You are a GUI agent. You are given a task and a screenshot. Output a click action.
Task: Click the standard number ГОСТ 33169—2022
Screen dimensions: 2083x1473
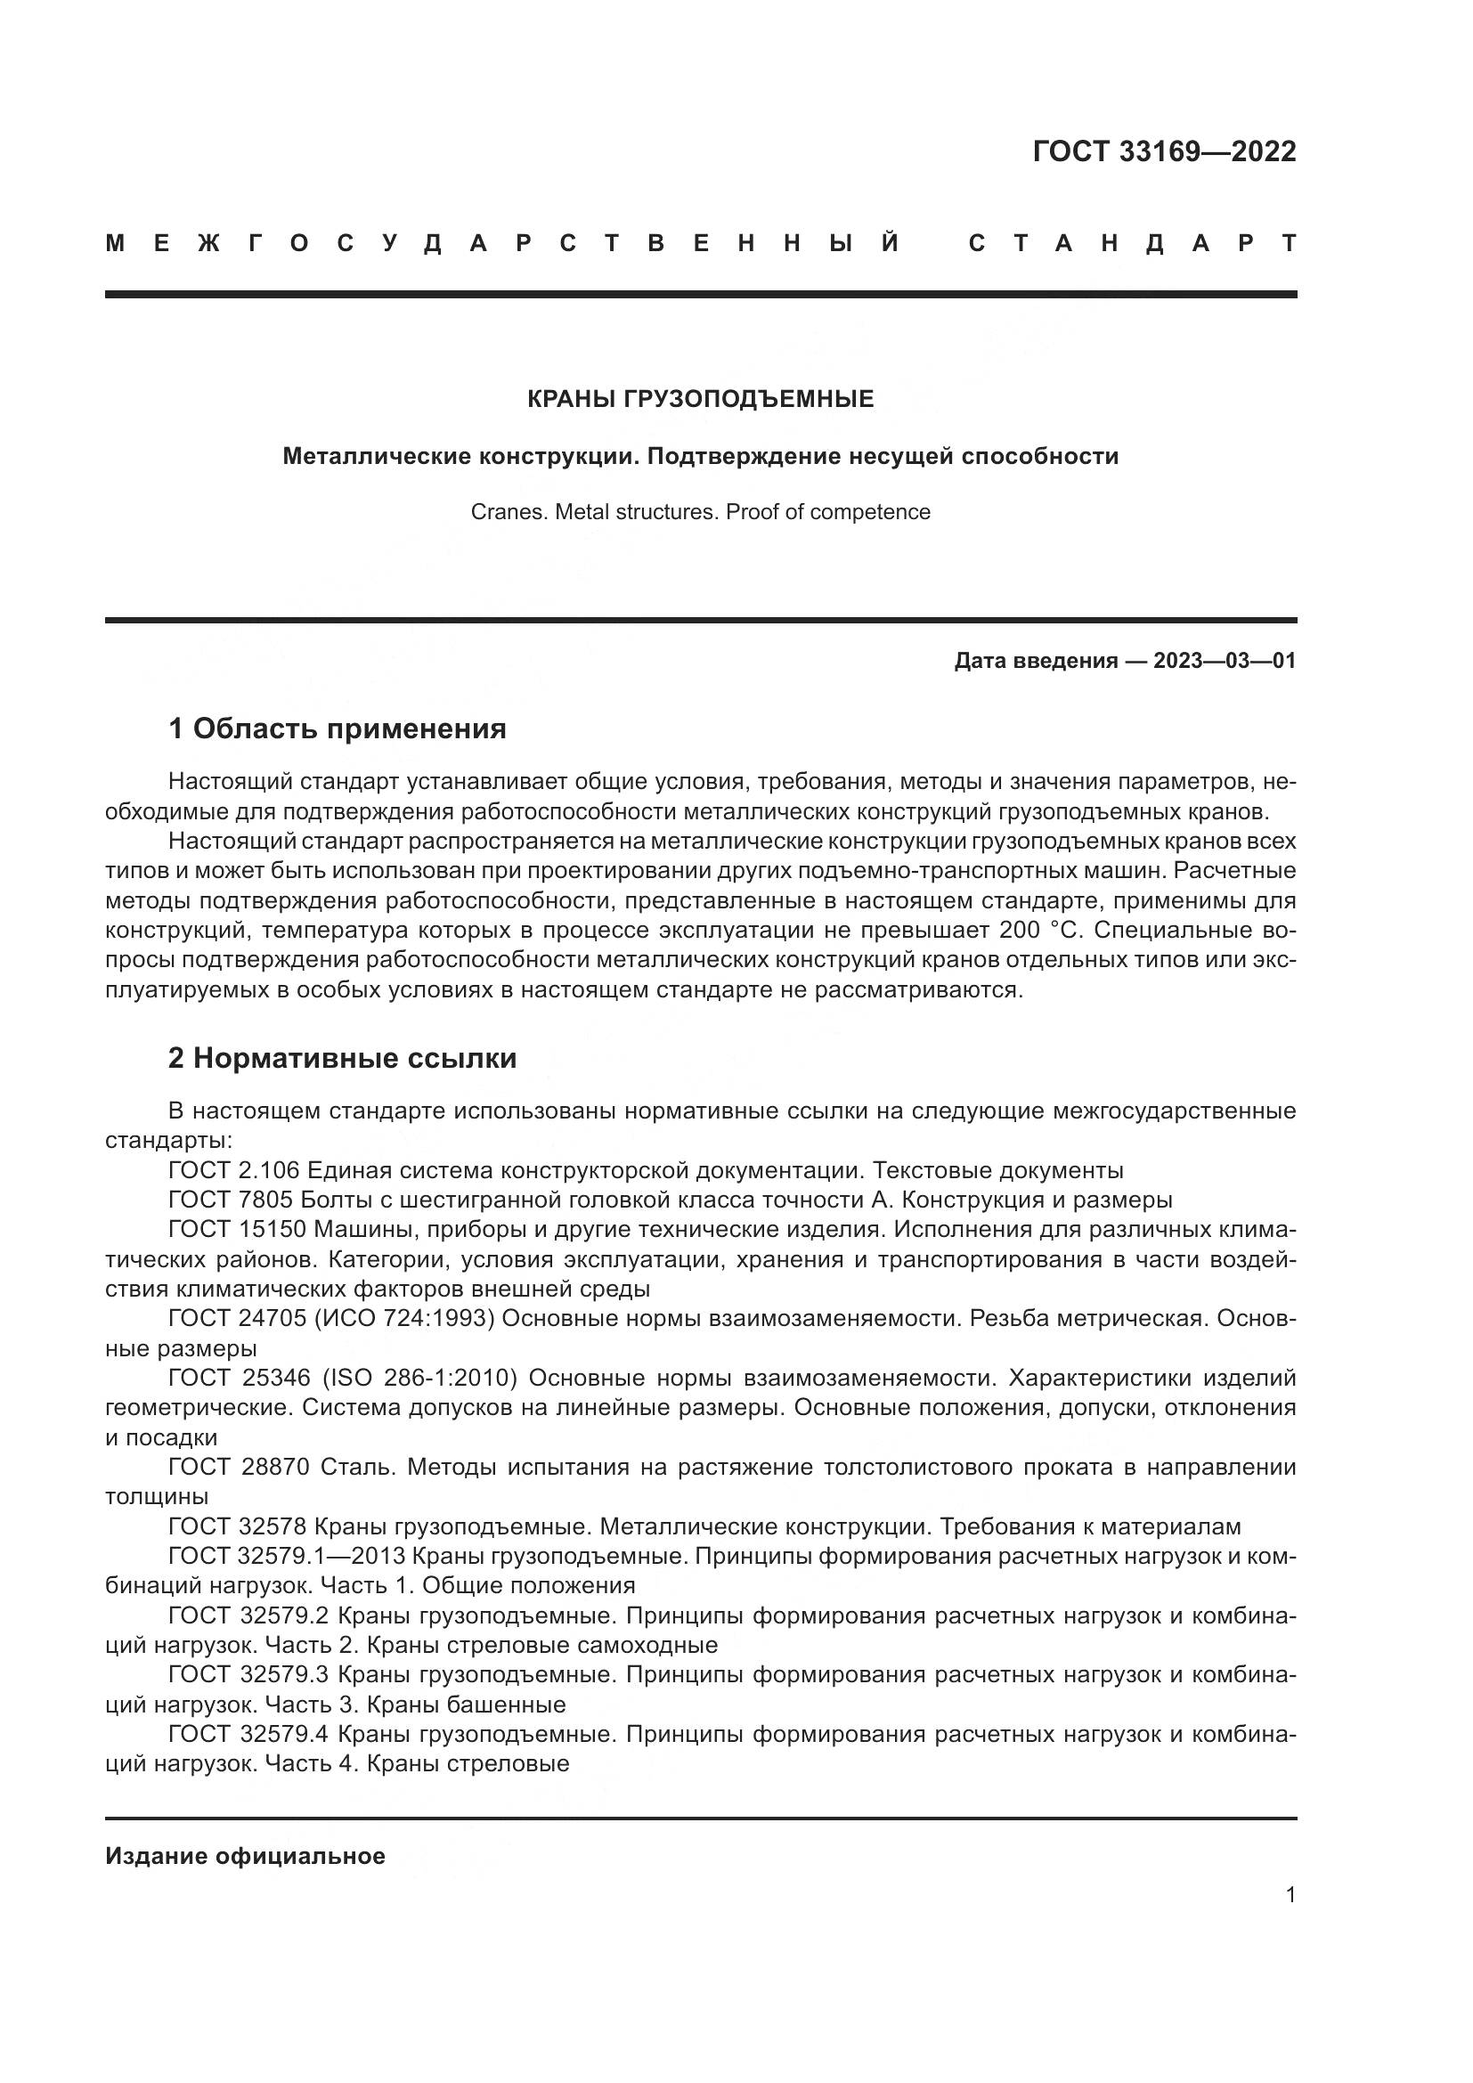pyautogui.click(x=1164, y=151)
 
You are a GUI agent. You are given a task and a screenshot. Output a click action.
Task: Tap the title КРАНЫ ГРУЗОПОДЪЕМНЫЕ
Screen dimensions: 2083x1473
pyautogui.click(x=700, y=399)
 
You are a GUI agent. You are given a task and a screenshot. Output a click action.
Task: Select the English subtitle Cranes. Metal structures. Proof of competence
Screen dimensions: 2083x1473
pyautogui.click(x=700, y=513)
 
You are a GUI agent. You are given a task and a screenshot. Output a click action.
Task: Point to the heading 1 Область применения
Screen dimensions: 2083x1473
pyautogui.click(x=337, y=728)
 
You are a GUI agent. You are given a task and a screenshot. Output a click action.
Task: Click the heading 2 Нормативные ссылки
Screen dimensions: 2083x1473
pyautogui.click(x=342, y=1059)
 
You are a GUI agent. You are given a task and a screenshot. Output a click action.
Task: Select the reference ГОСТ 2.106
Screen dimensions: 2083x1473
pyautogui.click(x=233, y=1170)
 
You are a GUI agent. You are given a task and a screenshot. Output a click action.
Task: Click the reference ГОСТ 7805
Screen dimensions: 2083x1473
pyautogui.click(x=231, y=1200)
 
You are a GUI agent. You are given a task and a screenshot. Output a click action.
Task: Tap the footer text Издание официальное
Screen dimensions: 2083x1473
pyautogui.click(x=245, y=1856)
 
